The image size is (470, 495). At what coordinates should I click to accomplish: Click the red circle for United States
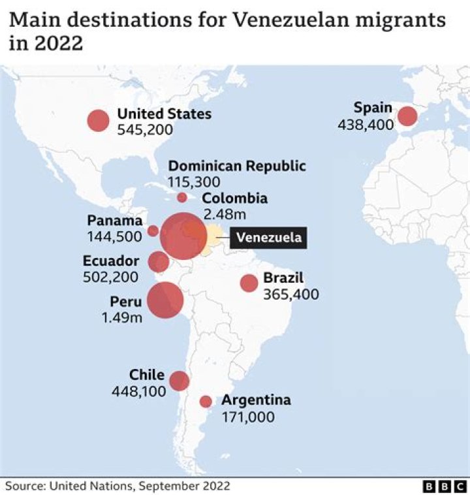tap(98, 120)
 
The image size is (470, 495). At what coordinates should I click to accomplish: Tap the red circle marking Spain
tap(407, 116)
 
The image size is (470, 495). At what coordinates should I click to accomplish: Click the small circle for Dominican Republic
tap(182, 197)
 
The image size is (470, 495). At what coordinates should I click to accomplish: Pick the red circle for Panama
tap(153, 231)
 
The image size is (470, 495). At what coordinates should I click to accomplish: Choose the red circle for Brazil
tap(249, 283)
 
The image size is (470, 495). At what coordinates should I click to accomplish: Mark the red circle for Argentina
tap(206, 401)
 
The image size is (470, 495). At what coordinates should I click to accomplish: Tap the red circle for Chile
tap(179, 381)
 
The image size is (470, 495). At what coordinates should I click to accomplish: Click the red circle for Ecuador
tap(159, 262)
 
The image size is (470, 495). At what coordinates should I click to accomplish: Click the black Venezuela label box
tap(268, 237)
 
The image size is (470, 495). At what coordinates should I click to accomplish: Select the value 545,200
tap(145, 130)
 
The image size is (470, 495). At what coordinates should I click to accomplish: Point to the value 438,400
tap(366, 123)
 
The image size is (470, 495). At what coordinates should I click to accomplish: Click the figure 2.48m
tap(223, 214)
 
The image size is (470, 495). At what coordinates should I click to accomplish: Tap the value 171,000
tap(248, 417)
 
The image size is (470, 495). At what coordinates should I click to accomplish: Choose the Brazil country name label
tap(283, 279)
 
